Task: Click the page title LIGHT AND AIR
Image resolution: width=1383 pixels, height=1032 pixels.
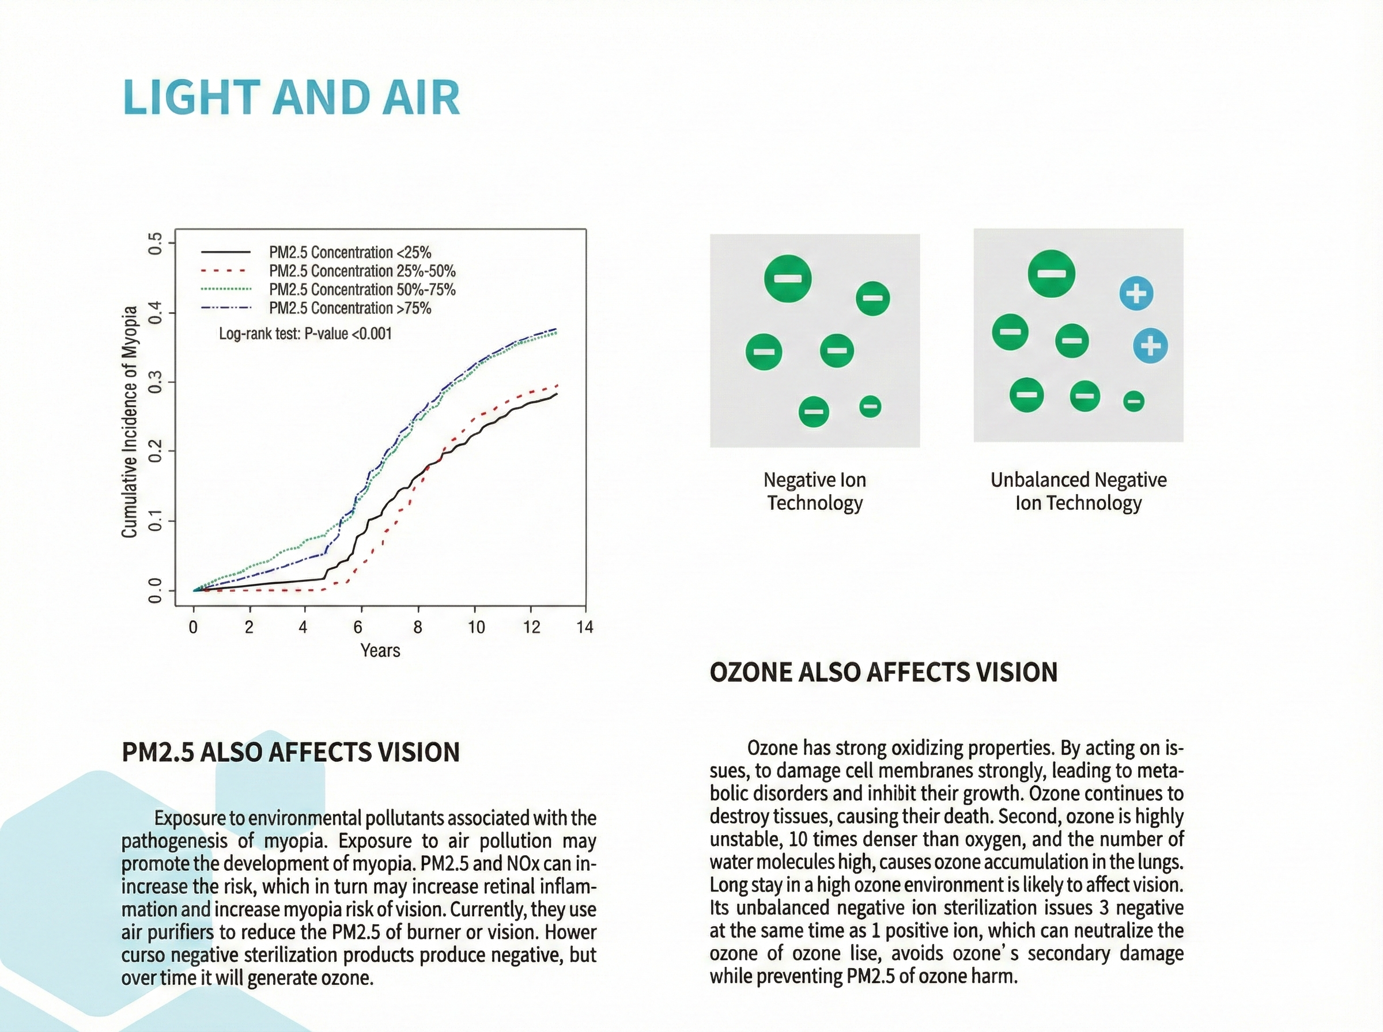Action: (292, 97)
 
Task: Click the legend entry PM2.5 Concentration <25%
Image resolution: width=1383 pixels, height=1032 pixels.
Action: (350, 252)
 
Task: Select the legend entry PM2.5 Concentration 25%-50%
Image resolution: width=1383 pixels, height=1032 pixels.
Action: (362, 271)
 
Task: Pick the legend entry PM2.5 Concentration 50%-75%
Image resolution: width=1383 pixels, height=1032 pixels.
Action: (362, 290)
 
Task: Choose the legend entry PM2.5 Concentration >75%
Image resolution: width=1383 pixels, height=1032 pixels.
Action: (350, 308)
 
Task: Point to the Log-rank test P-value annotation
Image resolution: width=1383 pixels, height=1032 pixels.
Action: (305, 333)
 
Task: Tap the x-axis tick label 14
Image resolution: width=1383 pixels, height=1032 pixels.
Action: (585, 627)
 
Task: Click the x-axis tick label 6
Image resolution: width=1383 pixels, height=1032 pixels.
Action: (358, 627)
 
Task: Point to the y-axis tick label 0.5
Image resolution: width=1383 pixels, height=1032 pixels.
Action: (154, 243)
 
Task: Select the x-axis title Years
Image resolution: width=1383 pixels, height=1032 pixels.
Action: (380, 650)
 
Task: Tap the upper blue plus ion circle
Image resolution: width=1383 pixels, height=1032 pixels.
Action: (1136, 293)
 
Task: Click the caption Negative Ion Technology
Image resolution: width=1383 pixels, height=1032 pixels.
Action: (815, 491)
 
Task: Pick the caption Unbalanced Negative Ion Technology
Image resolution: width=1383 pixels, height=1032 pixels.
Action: (1079, 491)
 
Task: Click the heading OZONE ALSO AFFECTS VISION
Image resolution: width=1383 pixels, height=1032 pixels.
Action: (883, 672)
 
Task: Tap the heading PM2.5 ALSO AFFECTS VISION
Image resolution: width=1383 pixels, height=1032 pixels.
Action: (290, 752)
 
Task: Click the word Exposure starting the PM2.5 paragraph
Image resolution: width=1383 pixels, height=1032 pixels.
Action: (190, 818)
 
